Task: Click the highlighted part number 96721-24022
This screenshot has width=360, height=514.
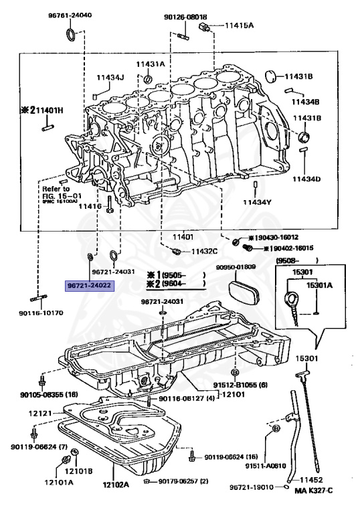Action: pyautogui.click(x=90, y=284)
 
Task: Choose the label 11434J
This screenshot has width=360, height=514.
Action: pyautogui.click(x=110, y=77)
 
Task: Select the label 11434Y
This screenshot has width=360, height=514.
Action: pyautogui.click(x=256, y=201)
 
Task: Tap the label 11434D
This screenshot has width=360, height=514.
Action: pyautogui.click(x=305, y=179)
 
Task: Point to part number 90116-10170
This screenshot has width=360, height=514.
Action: pyautogui.click(x=41, y=313)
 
